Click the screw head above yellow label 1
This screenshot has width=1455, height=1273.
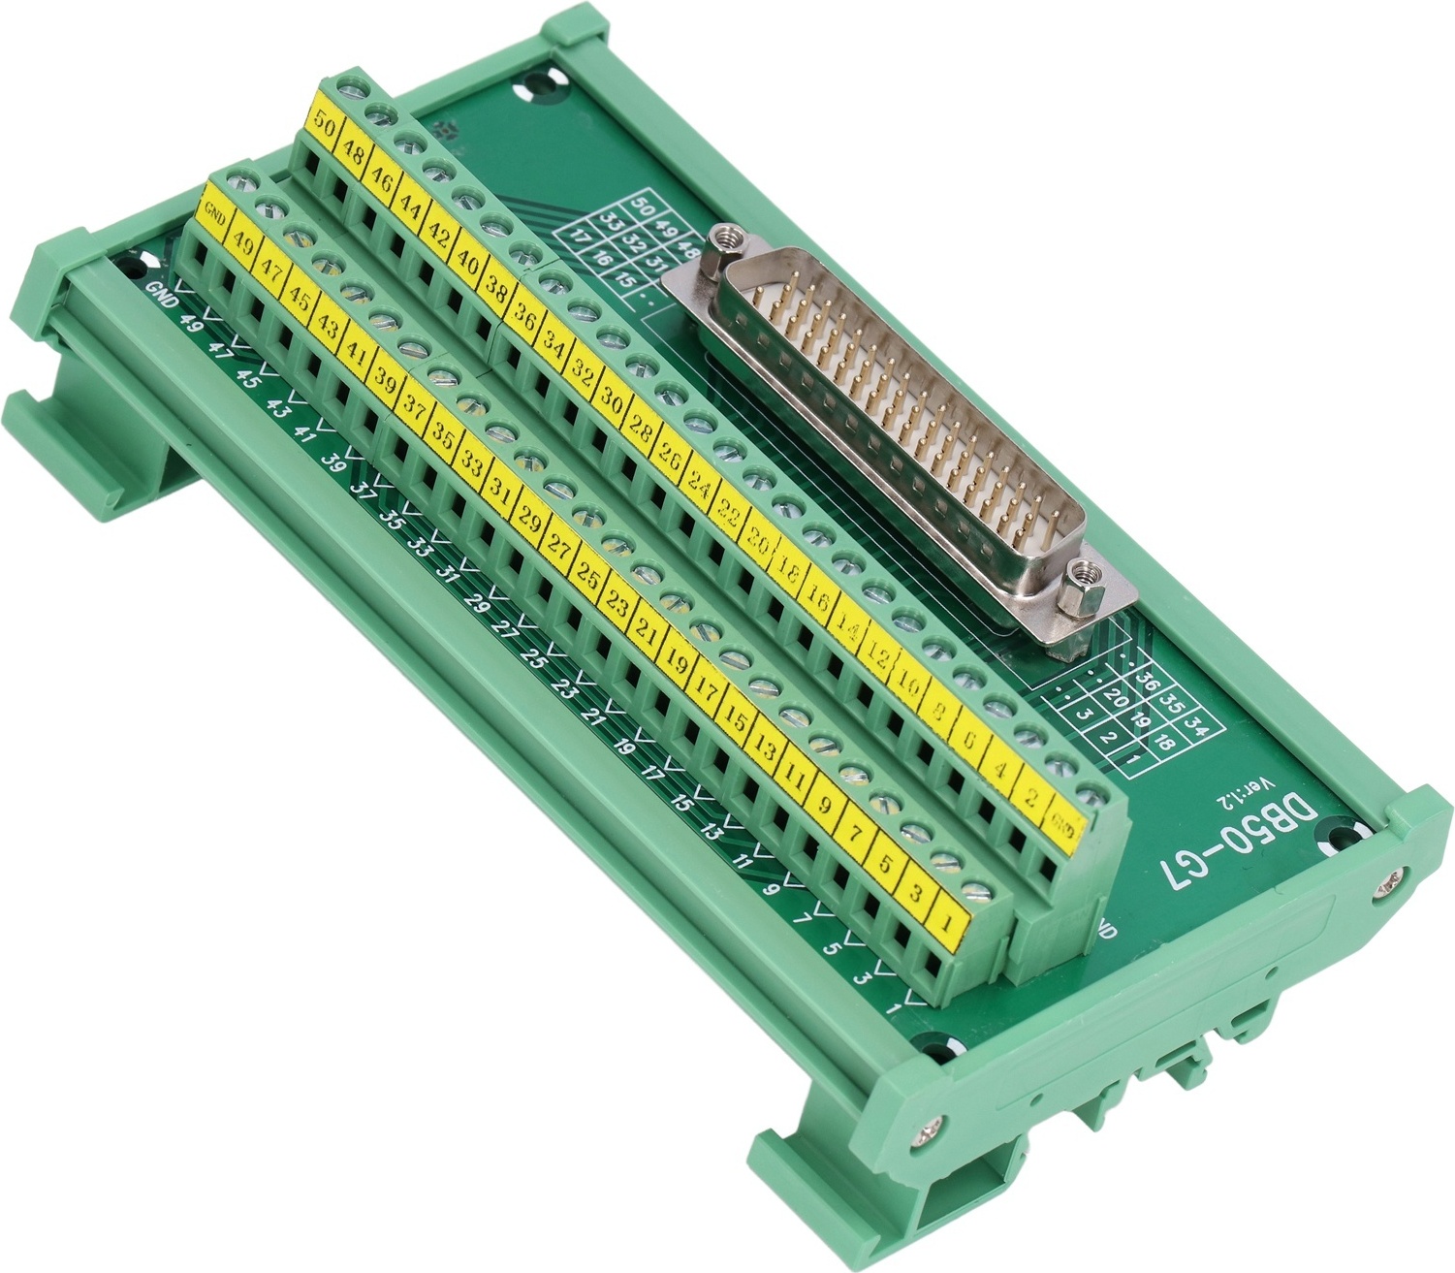coord(980,890)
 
